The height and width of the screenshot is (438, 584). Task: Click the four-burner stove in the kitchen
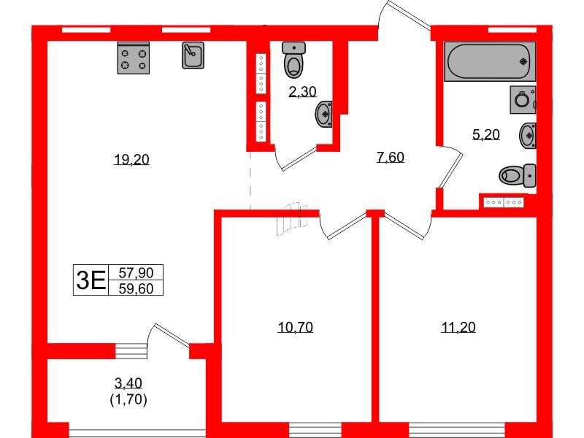[x=133, y=58]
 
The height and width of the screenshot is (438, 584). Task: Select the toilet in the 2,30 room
[x=294, y=61]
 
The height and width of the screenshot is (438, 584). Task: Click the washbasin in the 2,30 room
[x=324, y=114]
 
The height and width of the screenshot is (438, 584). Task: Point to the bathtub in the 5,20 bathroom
[x=490, y=61]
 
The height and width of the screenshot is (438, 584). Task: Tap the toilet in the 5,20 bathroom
[x=517, y=175]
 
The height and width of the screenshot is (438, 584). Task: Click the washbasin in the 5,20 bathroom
[x=529, y=136]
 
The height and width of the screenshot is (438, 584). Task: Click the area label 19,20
[x=131, y=161]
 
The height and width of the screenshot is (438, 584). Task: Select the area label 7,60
[x=391, y=157]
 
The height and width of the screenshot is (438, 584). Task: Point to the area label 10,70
[x=295, y=327]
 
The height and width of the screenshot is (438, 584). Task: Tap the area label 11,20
[x=458, y=327]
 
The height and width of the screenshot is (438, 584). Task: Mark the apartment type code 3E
[x=91, y=280]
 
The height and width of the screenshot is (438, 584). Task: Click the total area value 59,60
[x=136, y=288]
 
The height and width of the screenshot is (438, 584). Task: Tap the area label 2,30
[x=302, y=92]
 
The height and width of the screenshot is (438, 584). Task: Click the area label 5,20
[x=488, y=134]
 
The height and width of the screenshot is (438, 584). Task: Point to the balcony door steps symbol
[x=132, y=351]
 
